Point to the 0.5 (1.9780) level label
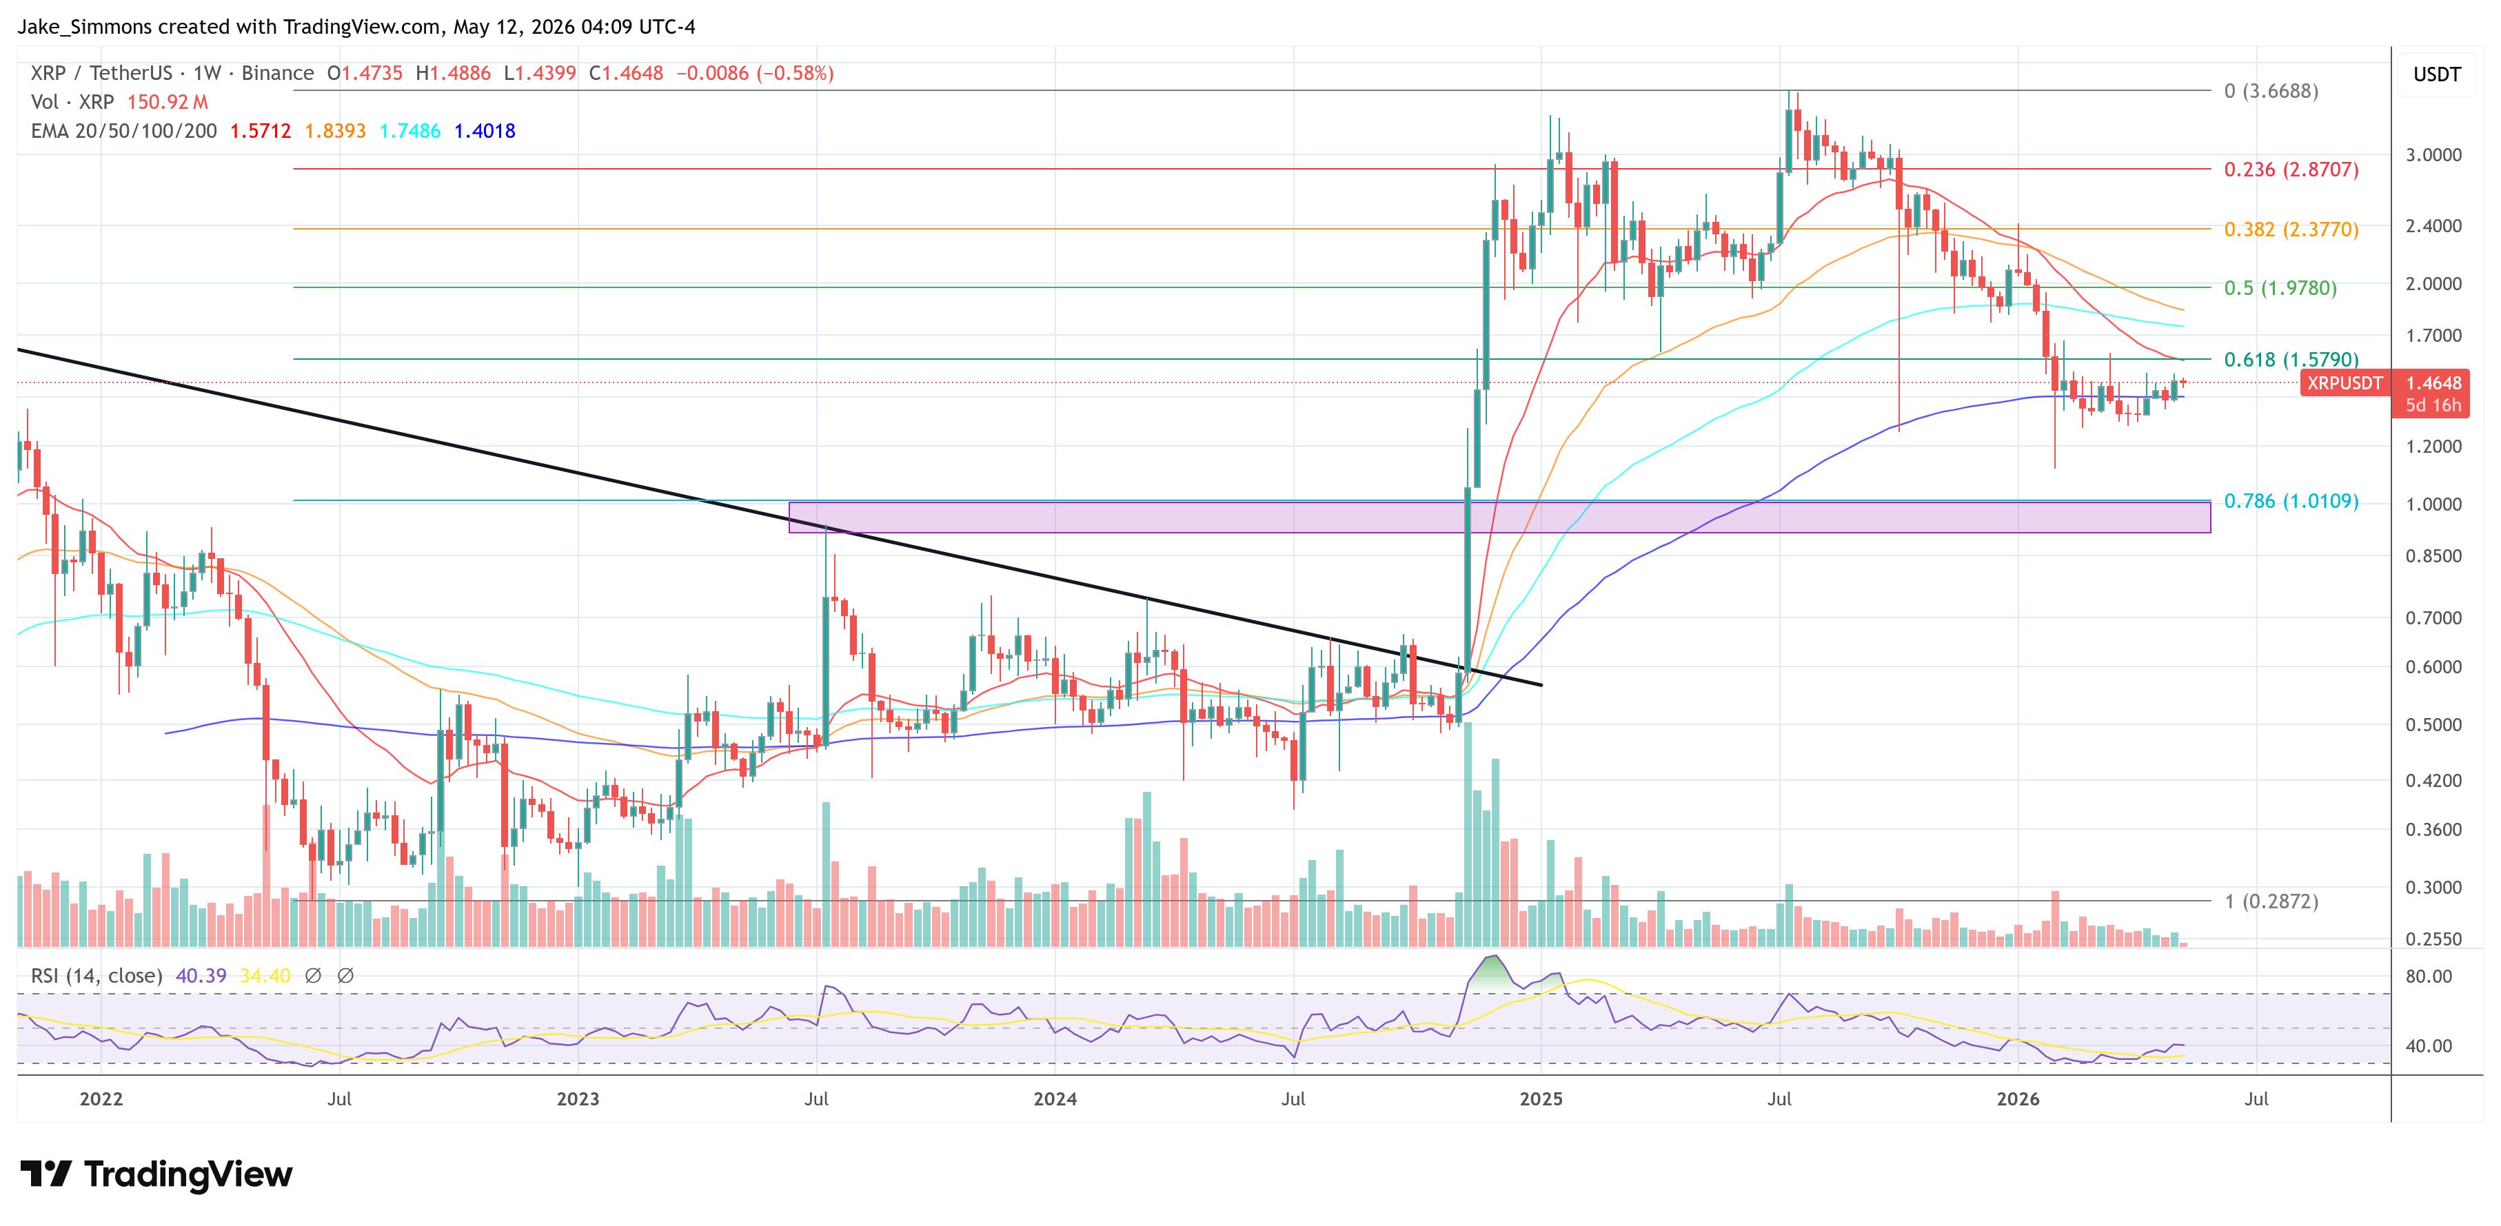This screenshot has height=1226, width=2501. point(2280,288)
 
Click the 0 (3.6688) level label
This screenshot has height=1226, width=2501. point(2271,91)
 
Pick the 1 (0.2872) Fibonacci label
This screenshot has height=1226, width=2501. point(2271,902)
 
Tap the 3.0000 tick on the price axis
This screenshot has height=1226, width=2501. point(2433,155)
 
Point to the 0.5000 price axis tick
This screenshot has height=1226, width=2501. point(2433,725)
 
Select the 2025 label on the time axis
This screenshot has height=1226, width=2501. point(1541,1099)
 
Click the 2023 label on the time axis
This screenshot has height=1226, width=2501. point(578,1099)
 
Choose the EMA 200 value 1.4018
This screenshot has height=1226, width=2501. point(485,131)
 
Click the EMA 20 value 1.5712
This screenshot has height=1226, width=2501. point(260,131)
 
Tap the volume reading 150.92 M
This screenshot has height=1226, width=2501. point(167,102)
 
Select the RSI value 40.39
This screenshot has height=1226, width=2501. point(201,976)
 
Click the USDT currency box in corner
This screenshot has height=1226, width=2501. point(2437,74)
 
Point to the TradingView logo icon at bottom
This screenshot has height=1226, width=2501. point(45,1174)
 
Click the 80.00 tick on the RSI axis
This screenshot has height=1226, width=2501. point(2428,977)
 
